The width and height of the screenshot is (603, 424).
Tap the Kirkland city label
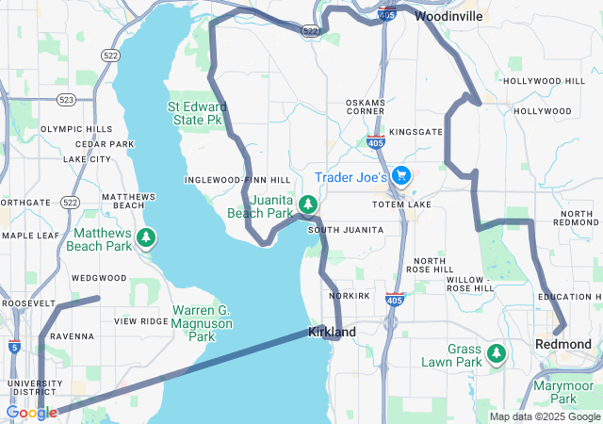pyautogui.click(x=332, y=333)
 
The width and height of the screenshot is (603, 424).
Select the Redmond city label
pyautogui.click(x=562, y=344)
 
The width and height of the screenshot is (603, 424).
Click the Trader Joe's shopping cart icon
pyautogui.click(x=402, y=175)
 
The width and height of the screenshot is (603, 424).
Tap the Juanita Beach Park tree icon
pyautogui.click(x=308, y=204)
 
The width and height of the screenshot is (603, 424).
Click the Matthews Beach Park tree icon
pyautogui.click(x=146, y=236)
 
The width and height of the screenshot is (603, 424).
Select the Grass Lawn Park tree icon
pyautogui.click(x=497, y=354)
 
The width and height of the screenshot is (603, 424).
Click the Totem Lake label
pyautogui.click(x=401, y=204)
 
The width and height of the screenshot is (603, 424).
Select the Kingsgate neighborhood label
pyautogui.click(x=416, y=132)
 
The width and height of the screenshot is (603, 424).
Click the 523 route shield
pyautogui.click(x=67, y=99)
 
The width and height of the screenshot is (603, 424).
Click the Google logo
pyautogui.click(x=31, y=413)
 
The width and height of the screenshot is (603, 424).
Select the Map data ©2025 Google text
pyautogui.click(x=544, y=417)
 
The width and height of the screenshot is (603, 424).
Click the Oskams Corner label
pyautogui.click(x=366, y=106)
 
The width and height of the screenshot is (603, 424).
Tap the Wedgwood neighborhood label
pyautogui.click(x=99, y=278)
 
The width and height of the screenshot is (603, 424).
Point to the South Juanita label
pyautogui.click(x=346, y=230)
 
